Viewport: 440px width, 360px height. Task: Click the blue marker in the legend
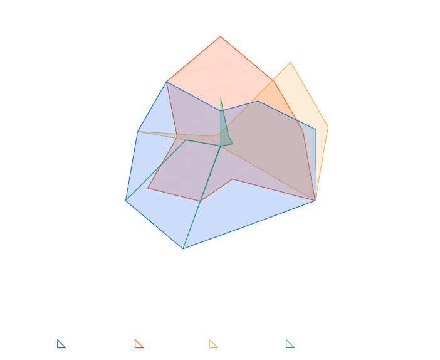tap(61, 344)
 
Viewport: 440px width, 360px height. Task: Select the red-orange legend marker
tap(138, 344)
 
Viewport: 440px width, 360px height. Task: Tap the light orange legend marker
tap(213, 344)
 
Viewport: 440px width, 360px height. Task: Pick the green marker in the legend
tap(290, 344)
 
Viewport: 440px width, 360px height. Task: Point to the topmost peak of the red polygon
tap(221, 36)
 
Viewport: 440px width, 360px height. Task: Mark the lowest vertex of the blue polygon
tap(186, 250)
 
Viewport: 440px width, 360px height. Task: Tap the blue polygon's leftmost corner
tap(125, 201)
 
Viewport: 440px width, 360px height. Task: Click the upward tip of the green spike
tap(221, 96)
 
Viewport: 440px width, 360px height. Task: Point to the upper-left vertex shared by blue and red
tap(167, 82)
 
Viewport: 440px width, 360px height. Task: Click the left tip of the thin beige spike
tap(137, 132)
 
